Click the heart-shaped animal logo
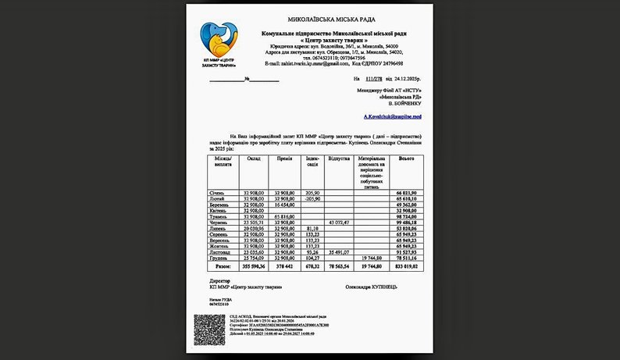pyautogui.click(x=218, y=40)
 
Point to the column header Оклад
pyautogui.click(x=254, y=159)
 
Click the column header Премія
pyautogui.click(x=285, y=159)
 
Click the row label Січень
pyautogui.click(x=217, y=191)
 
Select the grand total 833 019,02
pyautogui.click(x=407, y=266)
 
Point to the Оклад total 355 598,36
pyautogui.click(x=255, y=266)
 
